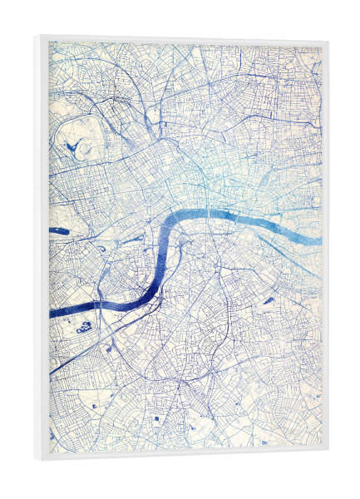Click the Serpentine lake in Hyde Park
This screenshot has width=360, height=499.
click(60, 230)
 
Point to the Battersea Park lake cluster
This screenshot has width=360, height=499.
click(85, 327)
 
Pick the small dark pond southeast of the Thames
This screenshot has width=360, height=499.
click(269, 298)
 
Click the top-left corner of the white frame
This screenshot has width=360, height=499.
click(35, 36)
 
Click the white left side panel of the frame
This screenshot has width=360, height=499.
click(42, 249)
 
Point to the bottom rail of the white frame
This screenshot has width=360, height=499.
click(183, 456)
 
